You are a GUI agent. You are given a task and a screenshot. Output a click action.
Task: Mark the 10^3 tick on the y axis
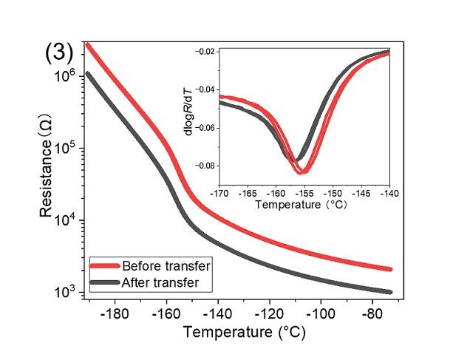pos(67,293)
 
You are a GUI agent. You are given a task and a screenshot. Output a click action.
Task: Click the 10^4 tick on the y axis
pos(67,221)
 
